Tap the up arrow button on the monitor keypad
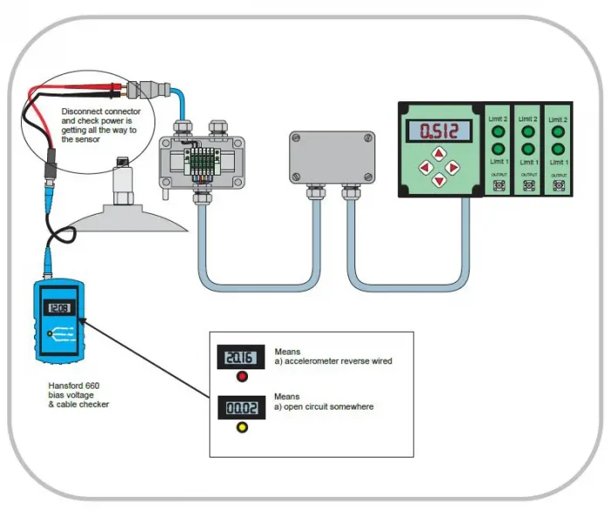(x=439, y=155)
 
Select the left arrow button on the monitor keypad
(x=425, y=168)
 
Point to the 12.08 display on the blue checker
(x=60, y=307)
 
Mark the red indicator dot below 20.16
(x=242, y=377)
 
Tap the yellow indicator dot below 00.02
(x=242, y=427)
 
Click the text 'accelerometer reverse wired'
(x=337, y=361)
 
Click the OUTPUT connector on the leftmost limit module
(x=500, y=185)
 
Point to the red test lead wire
(x=52, y=92)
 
